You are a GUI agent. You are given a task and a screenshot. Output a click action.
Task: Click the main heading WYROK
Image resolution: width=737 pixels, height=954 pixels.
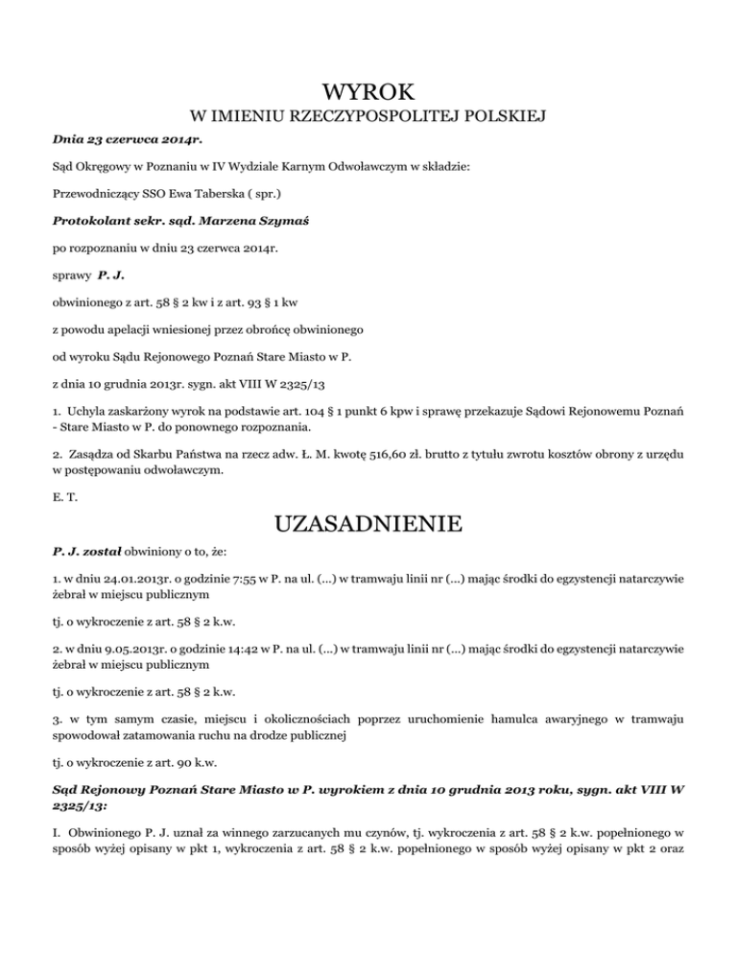(368, 93)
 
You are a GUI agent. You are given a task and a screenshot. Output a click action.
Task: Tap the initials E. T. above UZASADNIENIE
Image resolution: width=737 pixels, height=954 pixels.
(62, 498)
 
